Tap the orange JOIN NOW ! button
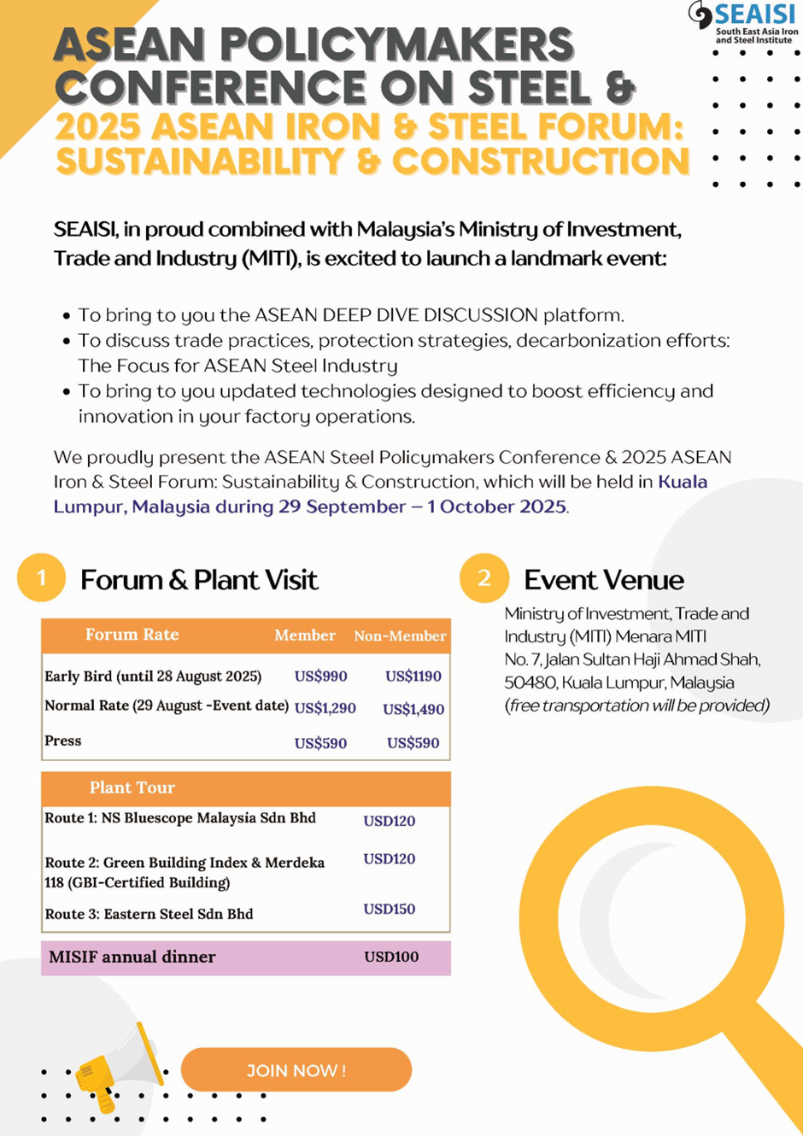296,1070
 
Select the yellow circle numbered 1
41,578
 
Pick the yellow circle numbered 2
484,578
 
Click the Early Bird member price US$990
320,676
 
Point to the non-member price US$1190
413,676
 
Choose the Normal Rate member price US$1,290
325,708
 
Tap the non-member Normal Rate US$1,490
413,709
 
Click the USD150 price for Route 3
389,909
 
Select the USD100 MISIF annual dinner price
391,957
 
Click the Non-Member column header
400,635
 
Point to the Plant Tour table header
132,788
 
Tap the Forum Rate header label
132,635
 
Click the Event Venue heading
603,580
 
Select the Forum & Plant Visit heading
199,580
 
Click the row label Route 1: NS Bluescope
180,818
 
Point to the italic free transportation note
636,706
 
